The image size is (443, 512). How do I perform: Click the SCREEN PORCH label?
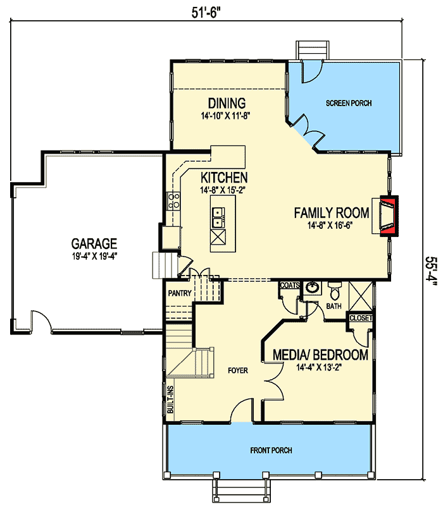pos(349,103)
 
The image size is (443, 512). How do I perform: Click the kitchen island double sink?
pos(219,217)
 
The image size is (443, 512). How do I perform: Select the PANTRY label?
pos(180,293)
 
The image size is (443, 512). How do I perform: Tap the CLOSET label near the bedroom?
pos(361,318)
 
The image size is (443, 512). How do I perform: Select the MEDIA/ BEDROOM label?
pos(320,355)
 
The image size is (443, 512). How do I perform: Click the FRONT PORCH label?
pos(271,450)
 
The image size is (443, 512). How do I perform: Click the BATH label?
pos(334,307)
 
